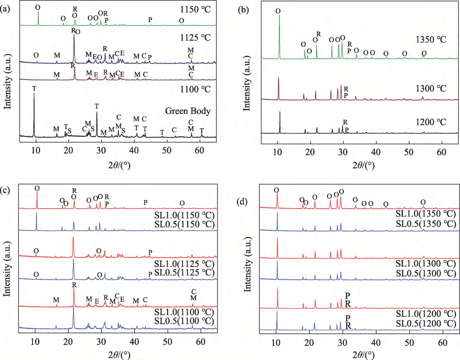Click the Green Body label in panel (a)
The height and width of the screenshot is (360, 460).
pyautogui.click(x=189, y=111)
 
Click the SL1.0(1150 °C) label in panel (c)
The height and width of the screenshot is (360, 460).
pyautogui.click(x=184, y=215)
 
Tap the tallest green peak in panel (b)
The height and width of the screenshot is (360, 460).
pyautogui.click(x=279, y=15)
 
